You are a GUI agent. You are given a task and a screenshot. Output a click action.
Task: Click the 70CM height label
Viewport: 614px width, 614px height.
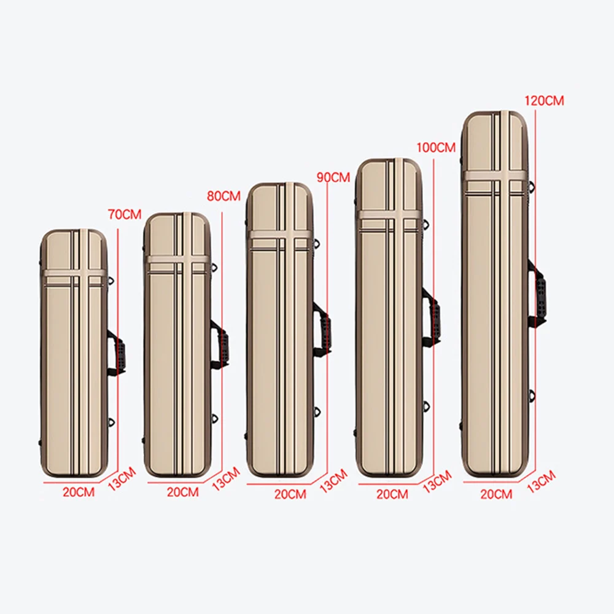(x=125, y=215)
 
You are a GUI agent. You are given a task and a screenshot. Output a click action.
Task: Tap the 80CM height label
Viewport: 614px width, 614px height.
(x=223, y=196)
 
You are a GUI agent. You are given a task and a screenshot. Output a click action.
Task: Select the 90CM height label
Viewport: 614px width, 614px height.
(x=333, y=177)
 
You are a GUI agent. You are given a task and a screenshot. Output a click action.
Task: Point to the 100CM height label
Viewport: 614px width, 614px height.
(x=436, y=148)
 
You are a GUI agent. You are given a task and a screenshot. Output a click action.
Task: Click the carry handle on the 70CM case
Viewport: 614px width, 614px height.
(x=119, y=351)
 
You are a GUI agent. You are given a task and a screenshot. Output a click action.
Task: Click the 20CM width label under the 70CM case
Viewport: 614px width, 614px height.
(x=79, y=492)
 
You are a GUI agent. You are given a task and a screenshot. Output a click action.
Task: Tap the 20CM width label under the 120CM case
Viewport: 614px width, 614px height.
(x=496, y=494)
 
